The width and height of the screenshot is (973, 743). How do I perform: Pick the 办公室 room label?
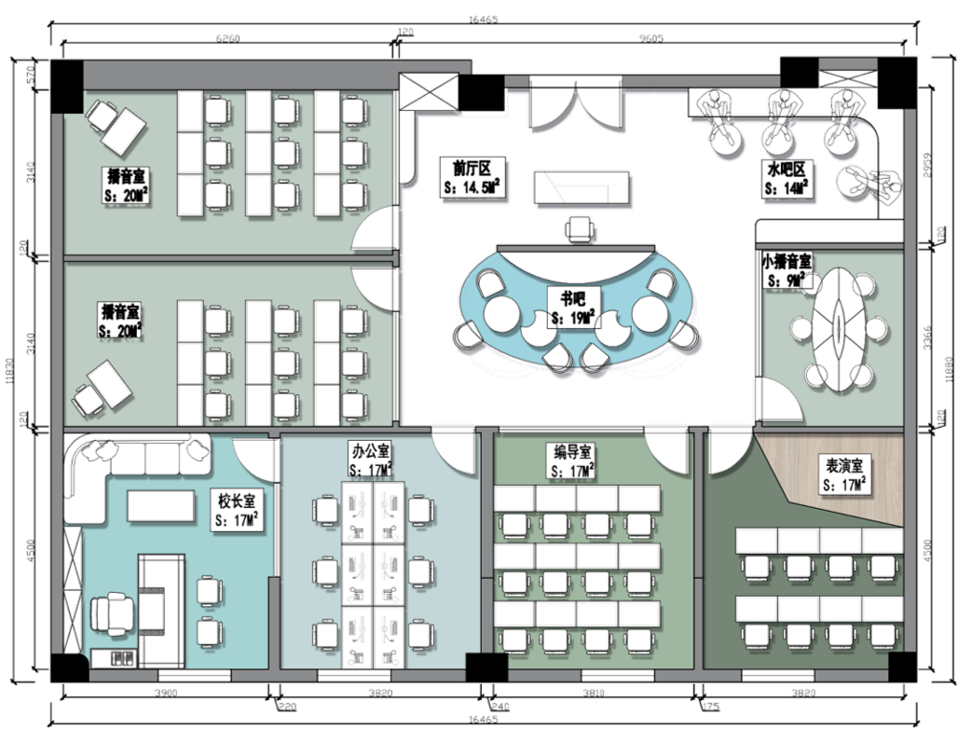[370, 462]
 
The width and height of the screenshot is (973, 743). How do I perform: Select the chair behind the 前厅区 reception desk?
[581, 228]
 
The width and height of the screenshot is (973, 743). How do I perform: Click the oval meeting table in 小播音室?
[839, 328]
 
